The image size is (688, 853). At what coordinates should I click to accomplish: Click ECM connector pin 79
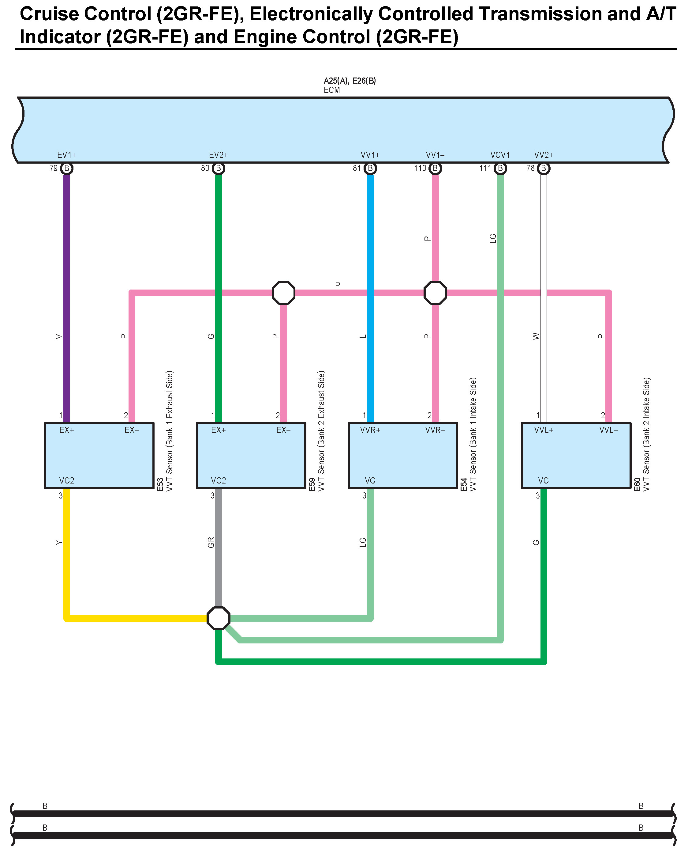67,168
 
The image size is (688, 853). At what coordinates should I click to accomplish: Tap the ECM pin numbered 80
219,168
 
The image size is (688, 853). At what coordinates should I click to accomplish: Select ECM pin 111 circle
500,168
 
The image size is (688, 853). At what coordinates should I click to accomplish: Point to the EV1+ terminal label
67,155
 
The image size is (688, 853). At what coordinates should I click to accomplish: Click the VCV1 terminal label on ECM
500,155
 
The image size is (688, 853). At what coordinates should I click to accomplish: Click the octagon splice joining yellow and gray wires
219,618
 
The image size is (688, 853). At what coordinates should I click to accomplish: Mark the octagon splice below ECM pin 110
435,293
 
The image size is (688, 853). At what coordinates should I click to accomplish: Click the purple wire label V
59,336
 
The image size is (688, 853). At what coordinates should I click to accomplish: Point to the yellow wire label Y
59,542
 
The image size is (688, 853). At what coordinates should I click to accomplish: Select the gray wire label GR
211,542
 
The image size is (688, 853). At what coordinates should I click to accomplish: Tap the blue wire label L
363,336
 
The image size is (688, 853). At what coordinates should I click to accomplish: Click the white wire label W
536,336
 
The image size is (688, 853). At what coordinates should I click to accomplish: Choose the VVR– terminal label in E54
435,430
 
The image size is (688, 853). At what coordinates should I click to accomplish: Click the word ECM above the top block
332,90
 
